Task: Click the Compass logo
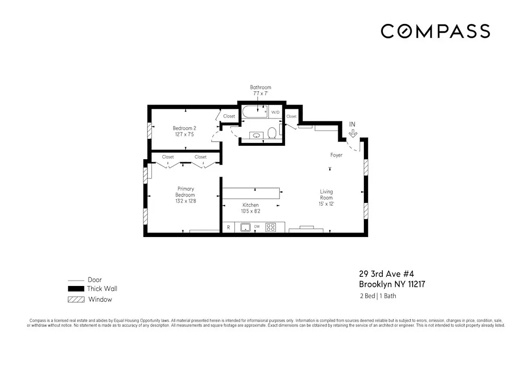[435, 31]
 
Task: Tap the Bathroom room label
[261, 87]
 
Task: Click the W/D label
[275, 112]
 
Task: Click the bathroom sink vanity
[256, 135]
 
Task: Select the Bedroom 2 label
[184, 128]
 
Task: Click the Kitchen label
[250, 205]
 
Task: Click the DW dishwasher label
[257, 227]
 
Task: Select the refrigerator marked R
[228, 227]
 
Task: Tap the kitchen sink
[245, 227]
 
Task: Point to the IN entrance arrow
[353, 133]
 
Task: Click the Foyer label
[336, 155]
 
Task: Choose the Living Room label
[326, 194]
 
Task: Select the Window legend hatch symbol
[76, 299]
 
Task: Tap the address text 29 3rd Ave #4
[383, 274]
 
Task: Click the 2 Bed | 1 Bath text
[378, 296]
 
